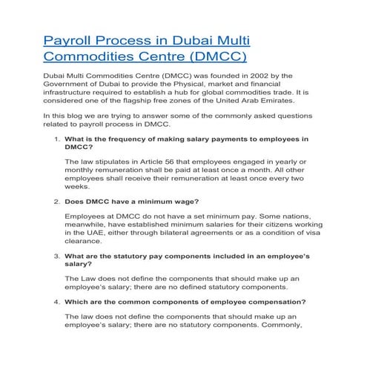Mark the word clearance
tap(86, 242)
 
